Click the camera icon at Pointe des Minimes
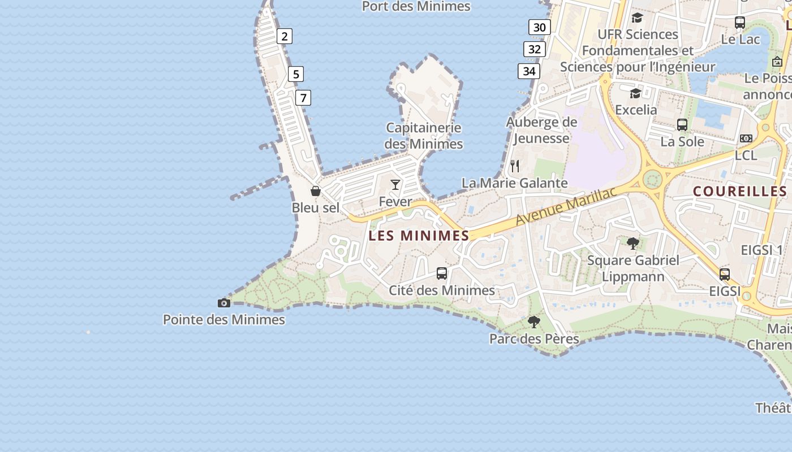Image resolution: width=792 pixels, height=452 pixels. (x=224, y=303)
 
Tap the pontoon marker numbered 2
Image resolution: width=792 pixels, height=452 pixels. (x=284, y=37)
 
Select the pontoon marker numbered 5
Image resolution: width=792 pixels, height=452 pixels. (x=295, y=74)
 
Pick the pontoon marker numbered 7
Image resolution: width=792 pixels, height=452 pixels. (x=303, y=98)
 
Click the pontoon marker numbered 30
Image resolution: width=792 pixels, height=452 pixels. (x=540, y=27)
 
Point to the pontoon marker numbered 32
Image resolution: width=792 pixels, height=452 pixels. (x=534, y=49)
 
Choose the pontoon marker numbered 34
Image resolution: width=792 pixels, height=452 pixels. (x=528, y=71)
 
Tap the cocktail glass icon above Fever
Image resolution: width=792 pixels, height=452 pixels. (x=395, y=184)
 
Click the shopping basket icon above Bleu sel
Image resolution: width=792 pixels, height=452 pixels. (x=316, y=191)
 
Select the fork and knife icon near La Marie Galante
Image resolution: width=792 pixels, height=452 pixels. (x=515, y=166)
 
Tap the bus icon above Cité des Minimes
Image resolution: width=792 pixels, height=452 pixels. (x=442, y=273)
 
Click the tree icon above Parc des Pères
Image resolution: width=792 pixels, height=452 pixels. (x=533, y=322)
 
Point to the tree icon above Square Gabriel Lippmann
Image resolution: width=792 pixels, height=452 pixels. (x=633, y=244)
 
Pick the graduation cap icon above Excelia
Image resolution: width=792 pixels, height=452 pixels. (x=636, y=93)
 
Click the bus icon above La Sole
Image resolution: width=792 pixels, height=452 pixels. (x=682, y=125)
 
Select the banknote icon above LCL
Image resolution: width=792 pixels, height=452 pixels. (x=746, y=138)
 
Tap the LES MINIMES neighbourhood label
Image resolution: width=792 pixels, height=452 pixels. (x=419, y=236)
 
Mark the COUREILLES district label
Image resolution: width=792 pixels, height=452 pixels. (x=740, y=192)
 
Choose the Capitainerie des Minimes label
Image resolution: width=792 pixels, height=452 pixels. (x=424, y=136)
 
